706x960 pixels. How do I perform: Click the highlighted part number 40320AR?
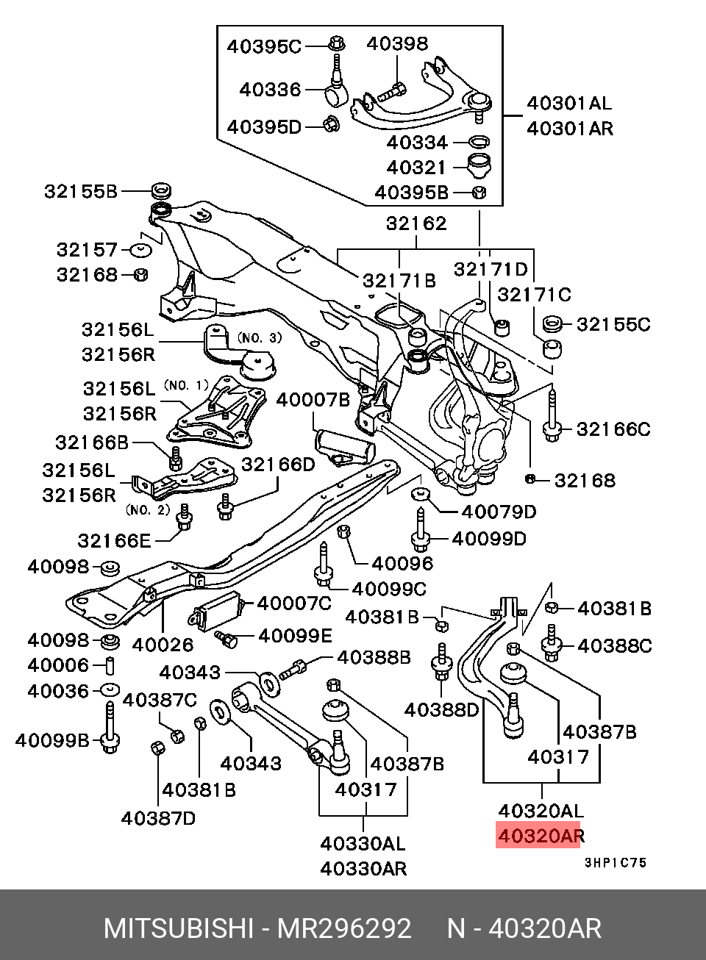pos(541,836)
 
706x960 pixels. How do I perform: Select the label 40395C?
pos(264,46)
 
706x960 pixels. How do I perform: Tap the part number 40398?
pos(397,44)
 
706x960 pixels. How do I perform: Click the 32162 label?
pos(416,223)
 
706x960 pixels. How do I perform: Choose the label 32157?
pos(87,250)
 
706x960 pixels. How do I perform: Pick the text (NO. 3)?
pos(259,338)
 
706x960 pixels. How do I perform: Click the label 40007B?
pos(313,400)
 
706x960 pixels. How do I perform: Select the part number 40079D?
pos(499,512)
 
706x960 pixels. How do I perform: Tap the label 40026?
pos(163,645)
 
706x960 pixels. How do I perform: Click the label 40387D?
pos(159,817)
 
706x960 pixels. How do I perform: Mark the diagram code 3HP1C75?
pos(615,863)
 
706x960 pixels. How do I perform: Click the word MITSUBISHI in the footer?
pos(179,928)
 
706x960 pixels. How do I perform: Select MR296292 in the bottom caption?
pos(343,928)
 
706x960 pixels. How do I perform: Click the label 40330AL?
pos(363,843)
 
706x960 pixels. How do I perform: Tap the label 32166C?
pos(613,429)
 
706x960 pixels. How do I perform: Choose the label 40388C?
pos(615,645)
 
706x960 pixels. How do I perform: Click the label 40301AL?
pos(569,104)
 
